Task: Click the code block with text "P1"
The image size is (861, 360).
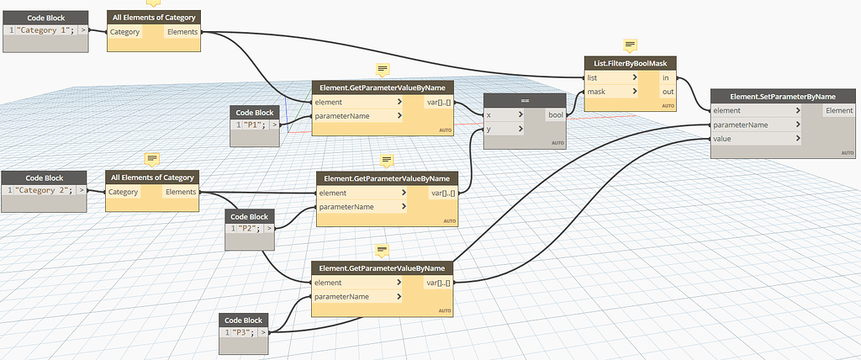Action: pos(251,125)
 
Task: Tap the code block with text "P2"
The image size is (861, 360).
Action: pos(245,228)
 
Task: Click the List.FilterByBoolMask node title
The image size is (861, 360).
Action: pos(631,63)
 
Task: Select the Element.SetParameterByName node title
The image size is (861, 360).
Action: pos(784,96)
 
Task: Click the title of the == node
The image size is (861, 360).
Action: pos(525,100)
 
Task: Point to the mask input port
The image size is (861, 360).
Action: pos(598,91)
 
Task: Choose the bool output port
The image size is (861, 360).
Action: pos(556,115)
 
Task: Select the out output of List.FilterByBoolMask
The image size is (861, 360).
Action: pos(666,91)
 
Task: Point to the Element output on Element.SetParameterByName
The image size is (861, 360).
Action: pos(838,110)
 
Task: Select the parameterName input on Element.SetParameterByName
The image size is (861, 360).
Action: pos(740,124)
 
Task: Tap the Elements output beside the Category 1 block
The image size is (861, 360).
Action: pos(182,32)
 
